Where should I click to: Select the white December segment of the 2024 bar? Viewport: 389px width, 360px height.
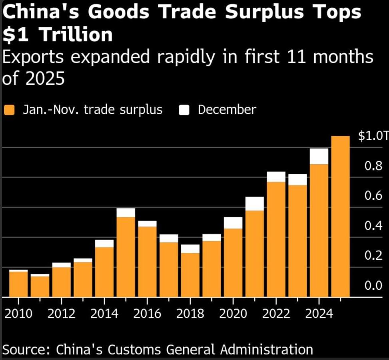click(319, 156)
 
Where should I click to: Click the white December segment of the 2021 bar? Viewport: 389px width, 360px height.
click(255, 203)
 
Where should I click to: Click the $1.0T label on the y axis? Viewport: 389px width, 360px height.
click(373, 136)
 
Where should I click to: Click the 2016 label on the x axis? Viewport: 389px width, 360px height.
click(147, 314)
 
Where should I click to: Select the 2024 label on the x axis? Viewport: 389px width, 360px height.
click(319, 314)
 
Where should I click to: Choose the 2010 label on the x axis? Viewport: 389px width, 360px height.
click(18, 314)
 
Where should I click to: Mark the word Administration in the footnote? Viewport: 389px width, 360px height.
click(267, 350)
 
